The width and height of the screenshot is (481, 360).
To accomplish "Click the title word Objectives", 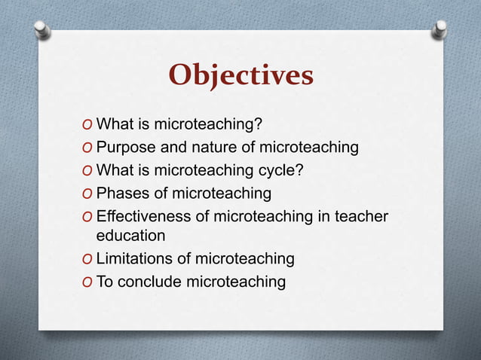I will [240, 75].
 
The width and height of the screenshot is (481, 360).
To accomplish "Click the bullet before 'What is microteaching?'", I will [89, 125].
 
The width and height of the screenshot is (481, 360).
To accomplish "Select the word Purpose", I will [125, 147].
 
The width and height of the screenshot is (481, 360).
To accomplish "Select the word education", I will [130, 235].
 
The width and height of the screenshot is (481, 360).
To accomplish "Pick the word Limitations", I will [136, 259].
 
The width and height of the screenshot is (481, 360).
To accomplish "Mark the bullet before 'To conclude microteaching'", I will [89, 282].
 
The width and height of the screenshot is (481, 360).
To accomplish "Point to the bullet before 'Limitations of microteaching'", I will [89, 260].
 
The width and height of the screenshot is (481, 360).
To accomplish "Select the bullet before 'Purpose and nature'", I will [89, 148].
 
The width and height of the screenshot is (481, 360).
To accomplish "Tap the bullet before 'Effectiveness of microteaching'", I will [89, 218].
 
